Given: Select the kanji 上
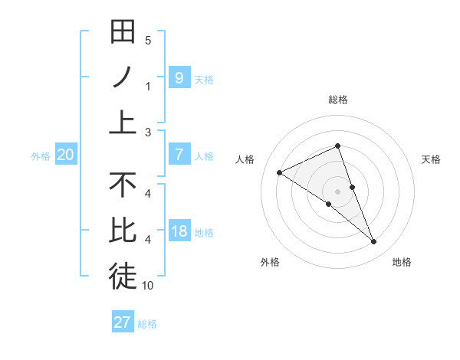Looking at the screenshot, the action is pos(123,122).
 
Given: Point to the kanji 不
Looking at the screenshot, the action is pos(123,185).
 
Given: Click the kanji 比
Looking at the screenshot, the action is pos(123,231).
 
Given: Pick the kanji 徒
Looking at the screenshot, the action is pos(123,277).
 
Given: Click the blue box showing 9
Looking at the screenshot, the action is pos(179,77).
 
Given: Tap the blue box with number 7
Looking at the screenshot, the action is pos(179,155).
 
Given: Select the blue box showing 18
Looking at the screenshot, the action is pos(179,231).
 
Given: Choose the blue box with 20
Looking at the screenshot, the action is pos(65,155).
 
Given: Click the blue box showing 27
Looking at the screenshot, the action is pos(123,322).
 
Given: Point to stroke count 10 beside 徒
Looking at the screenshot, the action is pos(149,286).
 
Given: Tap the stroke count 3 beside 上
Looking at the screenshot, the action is pos(148,133).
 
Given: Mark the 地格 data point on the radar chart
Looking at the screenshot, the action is pos(374,242).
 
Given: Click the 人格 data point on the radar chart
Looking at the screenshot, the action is pos(279,172).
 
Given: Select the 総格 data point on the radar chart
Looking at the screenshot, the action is pos(337,146).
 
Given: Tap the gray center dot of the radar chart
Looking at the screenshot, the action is pos(337,191).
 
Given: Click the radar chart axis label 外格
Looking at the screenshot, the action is pos(270,262).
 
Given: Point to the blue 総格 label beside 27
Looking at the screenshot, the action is pos(147,324).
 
